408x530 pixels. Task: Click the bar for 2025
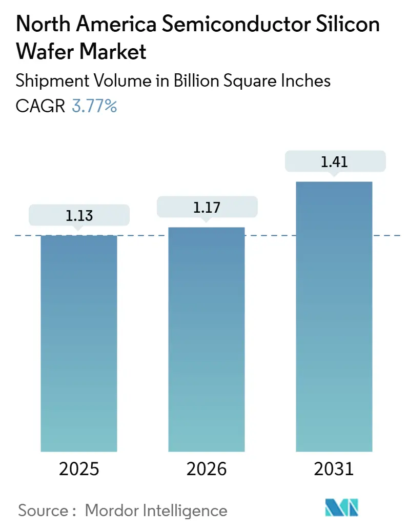[x=79, y=343]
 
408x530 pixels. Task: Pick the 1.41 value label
[x=334, y=162]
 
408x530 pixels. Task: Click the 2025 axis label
[x=79, y=469]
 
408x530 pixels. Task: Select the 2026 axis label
[x=206, y=469]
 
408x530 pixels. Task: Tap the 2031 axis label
[x=334, y=469]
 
